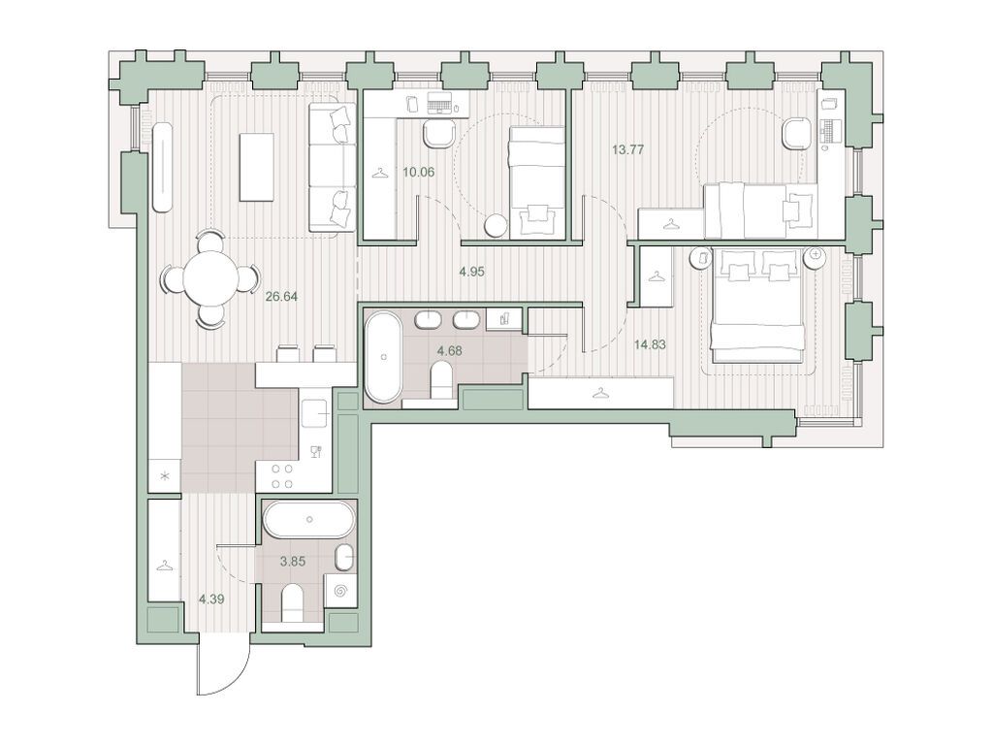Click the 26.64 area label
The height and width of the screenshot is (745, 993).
click(x=282, y=296)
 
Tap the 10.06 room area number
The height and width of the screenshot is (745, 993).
click(x=419, y=172)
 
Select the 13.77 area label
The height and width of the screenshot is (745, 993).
click(x=628, y=150)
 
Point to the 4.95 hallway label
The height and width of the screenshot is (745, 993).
click(x=472, y=272)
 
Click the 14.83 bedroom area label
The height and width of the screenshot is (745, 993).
click(x=650, y=344)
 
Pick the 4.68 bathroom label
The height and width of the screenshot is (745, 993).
click(x=450, y=349)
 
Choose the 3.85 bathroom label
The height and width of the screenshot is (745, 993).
click(x=293, y=561)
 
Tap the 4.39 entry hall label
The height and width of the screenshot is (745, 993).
click(x=211, y=599)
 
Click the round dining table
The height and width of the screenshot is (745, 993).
click(x=211, y=279)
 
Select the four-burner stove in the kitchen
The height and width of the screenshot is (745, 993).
click(x=281, y=476)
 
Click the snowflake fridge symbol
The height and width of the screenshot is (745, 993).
click(x=165, y=476)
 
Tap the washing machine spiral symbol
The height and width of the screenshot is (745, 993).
click(x=340, y=591)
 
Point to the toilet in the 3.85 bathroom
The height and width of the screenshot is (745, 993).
click(x=293, y=603)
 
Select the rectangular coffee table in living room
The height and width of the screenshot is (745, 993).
click(x=256, y=167)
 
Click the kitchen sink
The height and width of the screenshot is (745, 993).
click(x=314, y=414)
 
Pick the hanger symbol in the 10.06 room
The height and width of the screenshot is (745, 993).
click(x=379, y=172)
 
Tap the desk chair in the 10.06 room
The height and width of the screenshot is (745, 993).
click(x=438, y=134)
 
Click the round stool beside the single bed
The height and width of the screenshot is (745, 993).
click(x=496, y=226)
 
